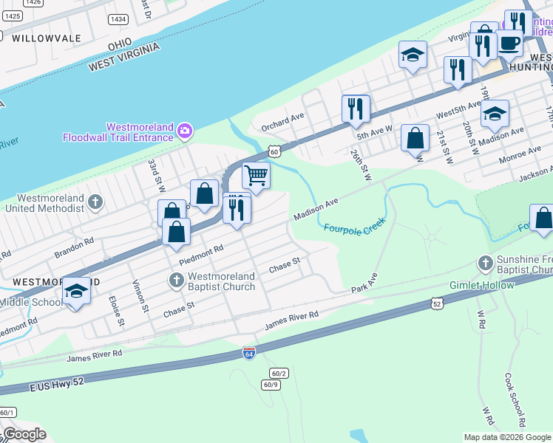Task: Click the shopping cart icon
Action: pyautogui.click(x=256, y=176)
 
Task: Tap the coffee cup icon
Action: pyautogui.click(x=508, y=43)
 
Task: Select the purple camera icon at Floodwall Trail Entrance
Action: pyautogui.click(x=185, y=131)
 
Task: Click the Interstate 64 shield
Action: pyautogui.click(x=249, y=354)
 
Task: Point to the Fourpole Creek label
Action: pyautogui.click(x=355, y=226)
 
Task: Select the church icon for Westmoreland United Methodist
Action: pyautogui.click(x=95, y=202)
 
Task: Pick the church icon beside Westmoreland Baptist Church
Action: pyautogui.click(x=176, y=280)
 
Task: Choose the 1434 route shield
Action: pyautogui.click(x=117, y=18)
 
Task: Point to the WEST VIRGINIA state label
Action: pyautogui.click(x=124, y=56)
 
